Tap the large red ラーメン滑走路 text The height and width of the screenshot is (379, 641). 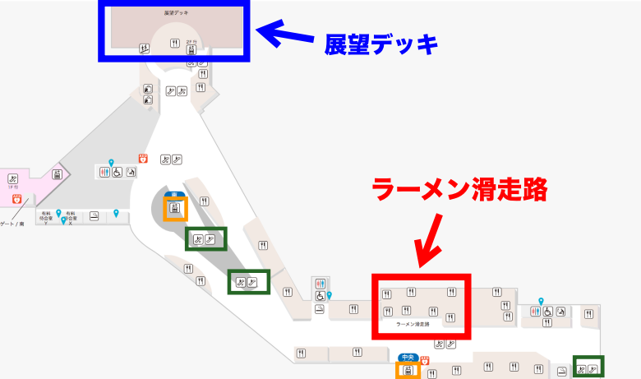tap(459, 190)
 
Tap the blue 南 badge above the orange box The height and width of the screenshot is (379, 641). tap(173, 195)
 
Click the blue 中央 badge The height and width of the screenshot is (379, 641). tap(408, 358)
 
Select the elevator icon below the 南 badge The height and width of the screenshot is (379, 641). tap(174, 209)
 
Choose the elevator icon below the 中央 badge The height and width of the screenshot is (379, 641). tap(407, 371)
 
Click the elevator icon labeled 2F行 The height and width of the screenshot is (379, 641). tap(191, 49)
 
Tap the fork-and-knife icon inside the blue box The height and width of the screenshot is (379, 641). tap(174, 44)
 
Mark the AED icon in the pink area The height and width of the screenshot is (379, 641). tap(16, 198)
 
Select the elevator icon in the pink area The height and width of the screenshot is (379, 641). tap(58, 173)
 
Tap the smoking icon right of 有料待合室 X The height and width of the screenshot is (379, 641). tap(95, 216)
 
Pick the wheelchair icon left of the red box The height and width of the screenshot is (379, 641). tap(320, 296)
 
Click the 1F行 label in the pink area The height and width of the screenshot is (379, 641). tap(13, 188)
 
